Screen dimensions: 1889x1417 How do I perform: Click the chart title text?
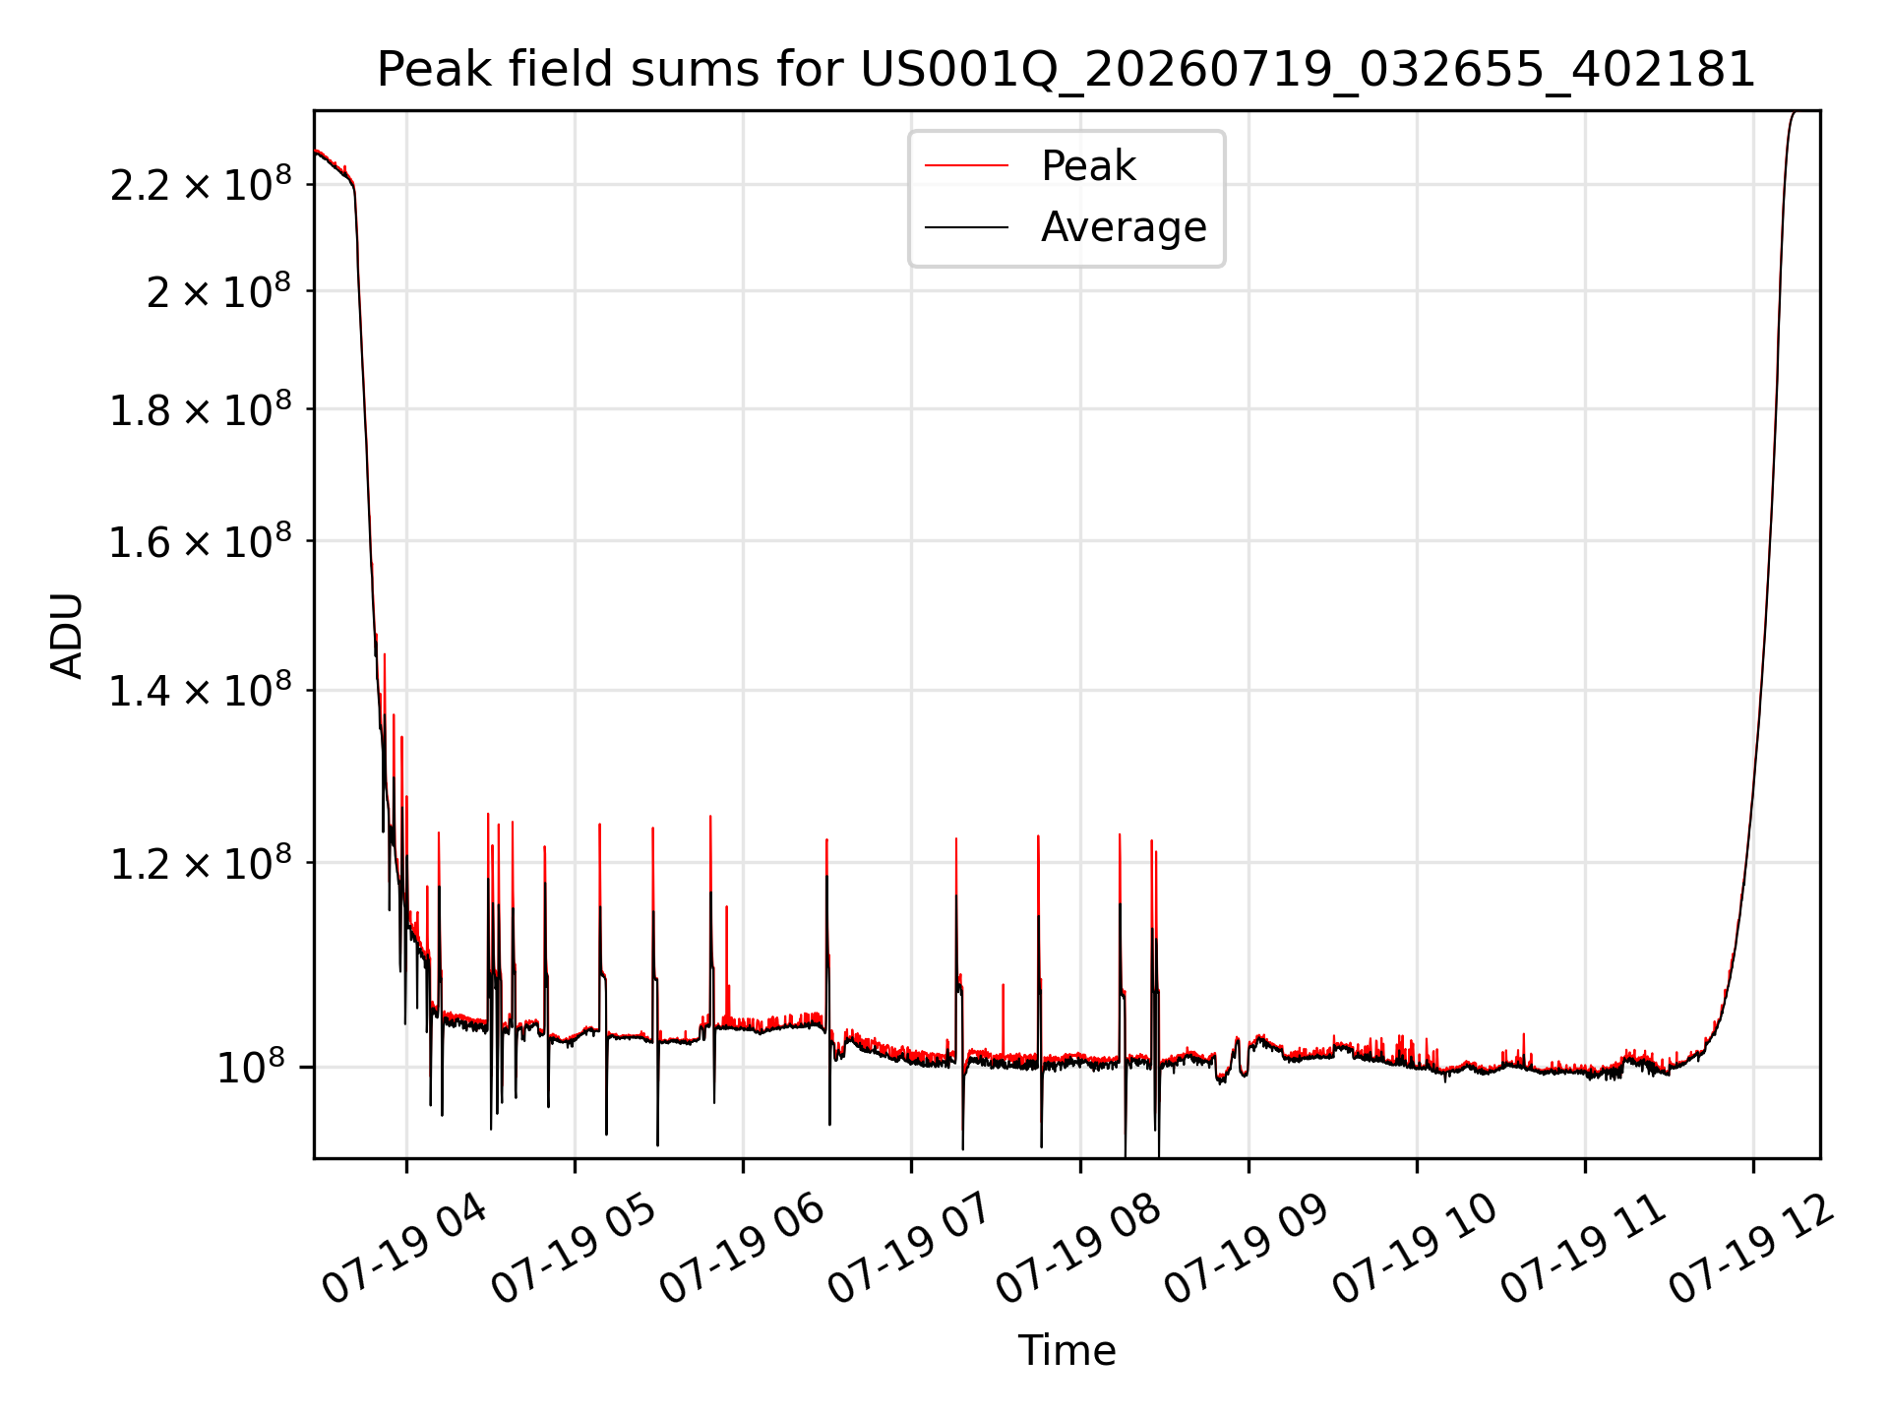pos(1066,70)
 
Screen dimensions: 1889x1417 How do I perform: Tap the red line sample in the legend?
pos(966,166)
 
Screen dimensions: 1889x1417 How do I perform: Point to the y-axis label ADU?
pos(67,635)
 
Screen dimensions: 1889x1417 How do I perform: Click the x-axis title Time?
pos(1066,1350)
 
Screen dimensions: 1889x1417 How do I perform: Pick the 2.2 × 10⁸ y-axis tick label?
pos(201,184)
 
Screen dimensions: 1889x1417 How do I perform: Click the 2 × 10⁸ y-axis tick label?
pos(218,291)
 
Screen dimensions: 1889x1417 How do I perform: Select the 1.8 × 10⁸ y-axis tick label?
pos(201,409)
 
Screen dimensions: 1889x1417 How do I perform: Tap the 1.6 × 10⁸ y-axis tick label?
pos(201,541)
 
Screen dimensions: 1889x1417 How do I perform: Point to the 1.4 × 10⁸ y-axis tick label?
pos(201,691)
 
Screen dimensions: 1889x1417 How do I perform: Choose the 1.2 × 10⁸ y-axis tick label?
pos(201,863)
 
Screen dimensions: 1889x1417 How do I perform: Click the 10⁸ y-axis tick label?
pos(251,1067)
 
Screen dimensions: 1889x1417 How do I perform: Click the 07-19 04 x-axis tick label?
pos(404,1248)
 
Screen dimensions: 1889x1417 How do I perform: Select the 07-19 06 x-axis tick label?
pos(742,1248)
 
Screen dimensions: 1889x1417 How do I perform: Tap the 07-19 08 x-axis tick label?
pos(1078,1248)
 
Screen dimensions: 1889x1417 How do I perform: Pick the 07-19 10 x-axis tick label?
pos(1415,1248)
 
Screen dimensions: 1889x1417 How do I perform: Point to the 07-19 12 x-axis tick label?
pos(1752,1248)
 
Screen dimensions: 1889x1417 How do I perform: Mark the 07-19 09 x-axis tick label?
pos(1247,1248)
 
